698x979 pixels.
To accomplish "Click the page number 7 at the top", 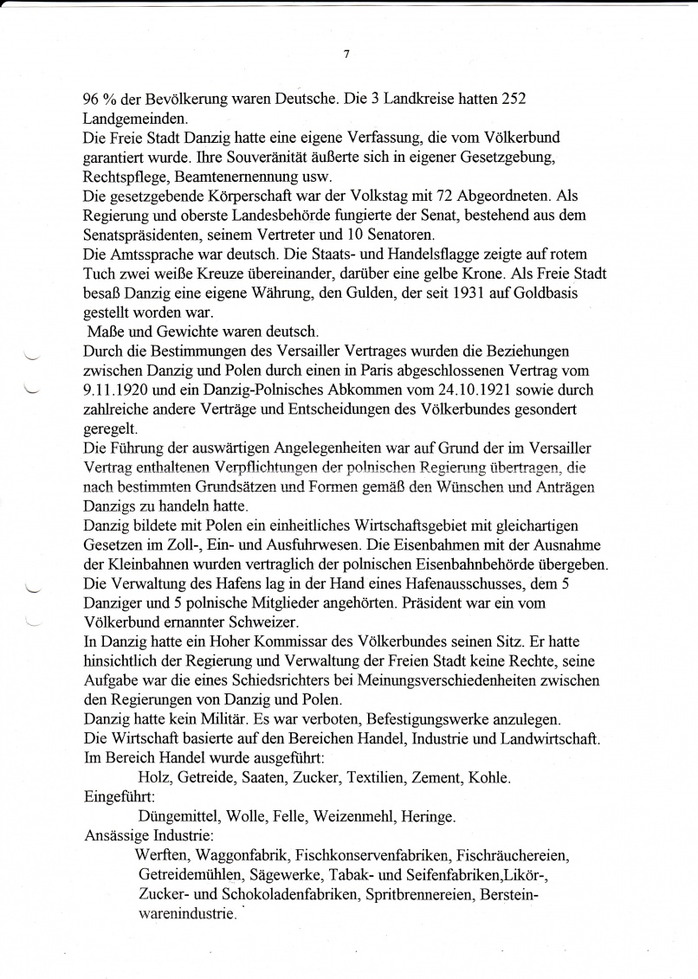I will point(346,54).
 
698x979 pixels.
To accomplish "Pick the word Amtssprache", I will point(152,255).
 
